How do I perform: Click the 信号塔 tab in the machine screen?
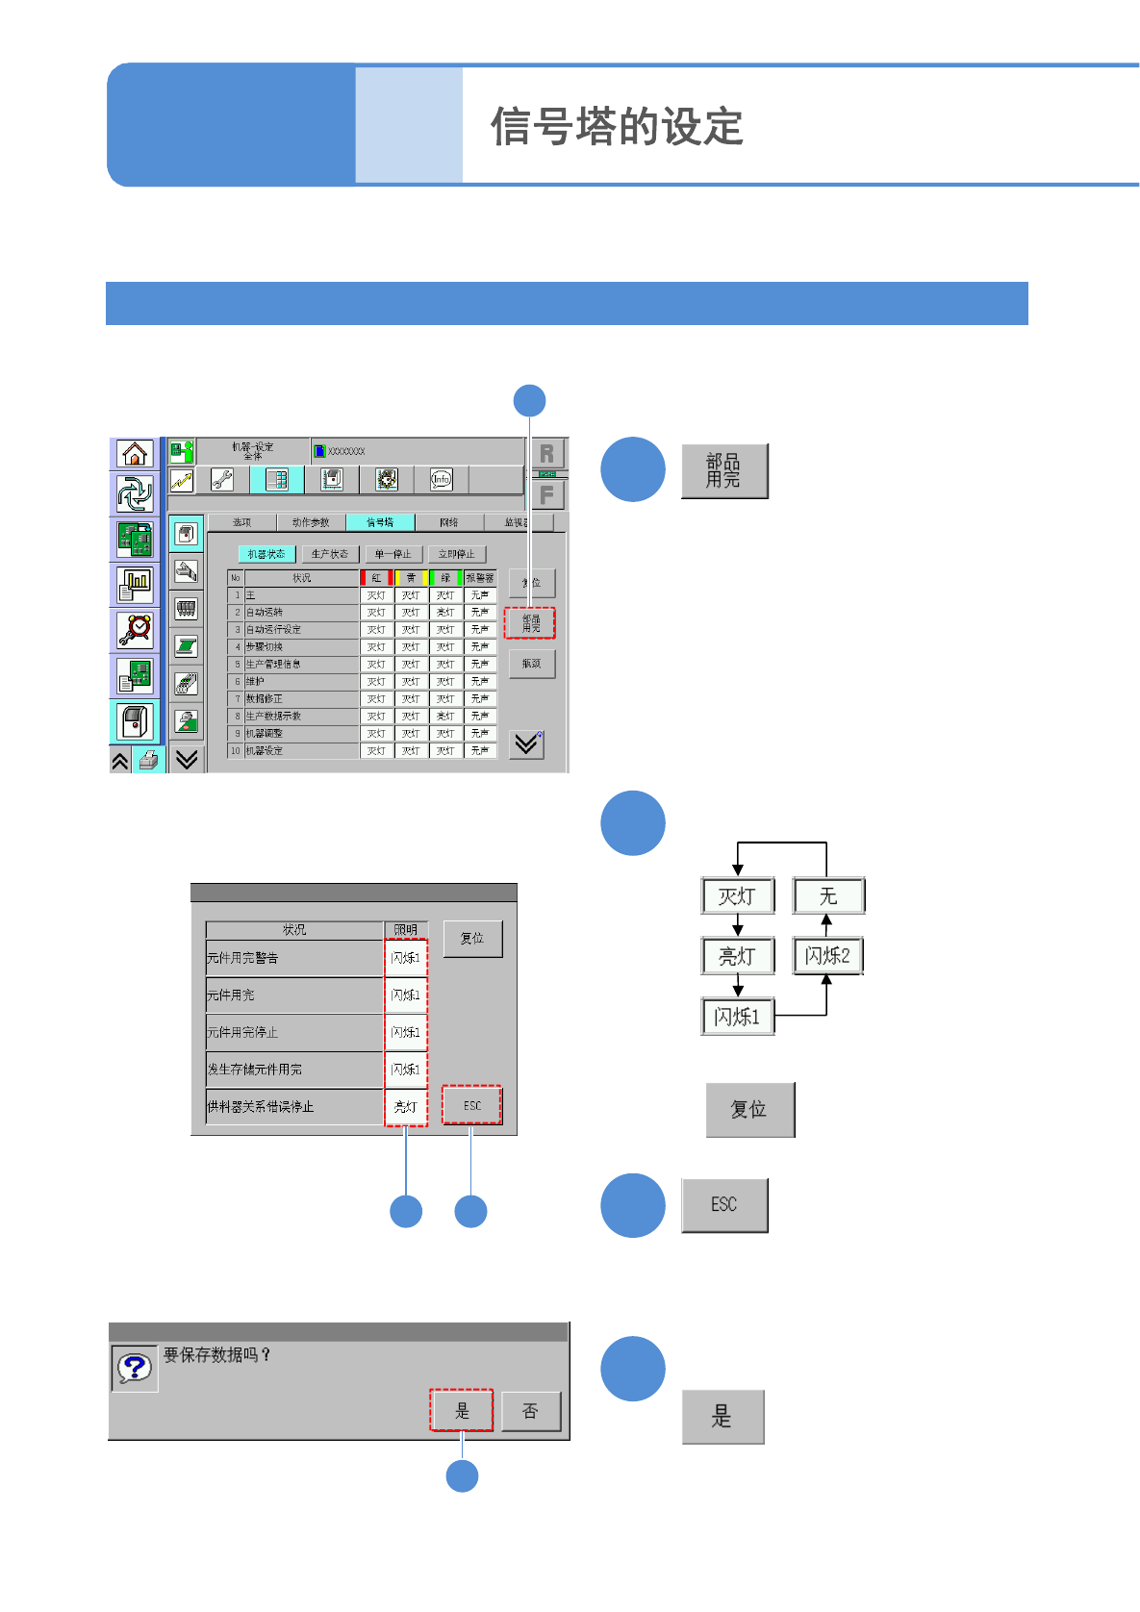pyautogui.click(x=380, y=522)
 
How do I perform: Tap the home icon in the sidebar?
pyautogui.click(x=135, y=453)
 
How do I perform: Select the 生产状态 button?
pyautogui.click(x=330, y=554)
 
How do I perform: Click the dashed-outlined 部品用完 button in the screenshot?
pyautogui.click(x=530, y=623)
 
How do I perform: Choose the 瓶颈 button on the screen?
pyautogui.click(x=531, y=664)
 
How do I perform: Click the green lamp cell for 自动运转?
pyautogui.click(x=445, y=613)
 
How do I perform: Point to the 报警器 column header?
pyautogui.click(x=479, y=578)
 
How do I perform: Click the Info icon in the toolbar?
pyautogui.click(x=441, y=479)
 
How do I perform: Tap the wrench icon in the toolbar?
pyautogui.click(x=222, y=479)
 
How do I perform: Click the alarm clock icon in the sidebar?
pyautogui.click(x=135, y=629)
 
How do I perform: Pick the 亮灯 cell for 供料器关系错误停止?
pyautogui.click(x=405, y=1107)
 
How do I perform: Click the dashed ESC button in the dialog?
pyautogui.click(x=471, y=1105)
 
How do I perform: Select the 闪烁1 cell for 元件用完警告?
pyautogui.click(x=405, y=958)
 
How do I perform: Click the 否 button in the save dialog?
pyautogui.click(x=530, y=1411)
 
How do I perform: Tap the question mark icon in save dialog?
pyautogui.click(x=135, y=1367)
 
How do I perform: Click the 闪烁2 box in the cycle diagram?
pyautogui.click(x=827, y=956)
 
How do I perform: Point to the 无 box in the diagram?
pyautogui.click(x=828, y=896)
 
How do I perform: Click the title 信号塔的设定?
pyautogui.click(x=617, y=127)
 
